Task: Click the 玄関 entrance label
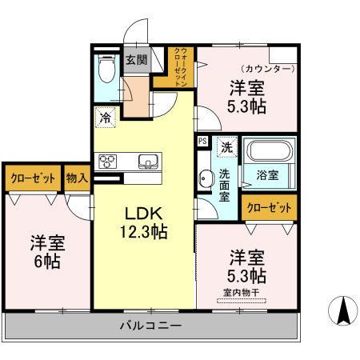pos(136,60)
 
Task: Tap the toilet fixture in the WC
pos(104,69)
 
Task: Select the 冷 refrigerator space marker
pos(106,117)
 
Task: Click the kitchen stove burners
pos(108,161)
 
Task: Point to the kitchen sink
pos(149,161)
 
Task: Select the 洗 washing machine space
pos(226,147)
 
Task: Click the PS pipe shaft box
pos(202,142)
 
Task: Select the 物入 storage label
pos(77,178)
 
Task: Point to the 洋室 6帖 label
pos(48,250)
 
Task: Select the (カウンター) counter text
pos(268,70)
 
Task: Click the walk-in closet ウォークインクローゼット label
pos(182,67)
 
